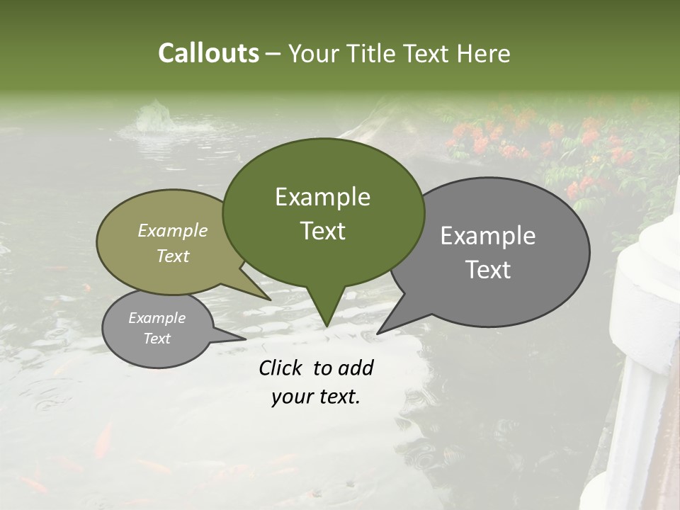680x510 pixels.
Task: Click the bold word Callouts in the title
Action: tap(208, 53)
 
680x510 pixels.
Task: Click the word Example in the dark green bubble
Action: tap(322, 197)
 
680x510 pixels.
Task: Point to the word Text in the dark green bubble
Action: tap(322, 230)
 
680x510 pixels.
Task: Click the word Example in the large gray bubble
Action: tap(488, 236)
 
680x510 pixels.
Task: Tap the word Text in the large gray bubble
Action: tap(488, 269)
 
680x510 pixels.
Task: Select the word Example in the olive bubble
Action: tap(173, 230)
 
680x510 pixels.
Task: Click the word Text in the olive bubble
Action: tap(173, 256)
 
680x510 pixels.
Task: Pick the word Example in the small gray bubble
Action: tap(157, 318)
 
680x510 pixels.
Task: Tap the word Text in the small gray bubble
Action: tap(157, 339)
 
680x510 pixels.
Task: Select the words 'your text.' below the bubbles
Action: tap(315, 397)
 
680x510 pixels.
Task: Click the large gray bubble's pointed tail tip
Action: tap(378, 333)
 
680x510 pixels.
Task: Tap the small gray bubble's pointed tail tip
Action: tap(245, 339)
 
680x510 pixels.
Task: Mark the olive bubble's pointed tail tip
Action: tap(270, 300)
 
